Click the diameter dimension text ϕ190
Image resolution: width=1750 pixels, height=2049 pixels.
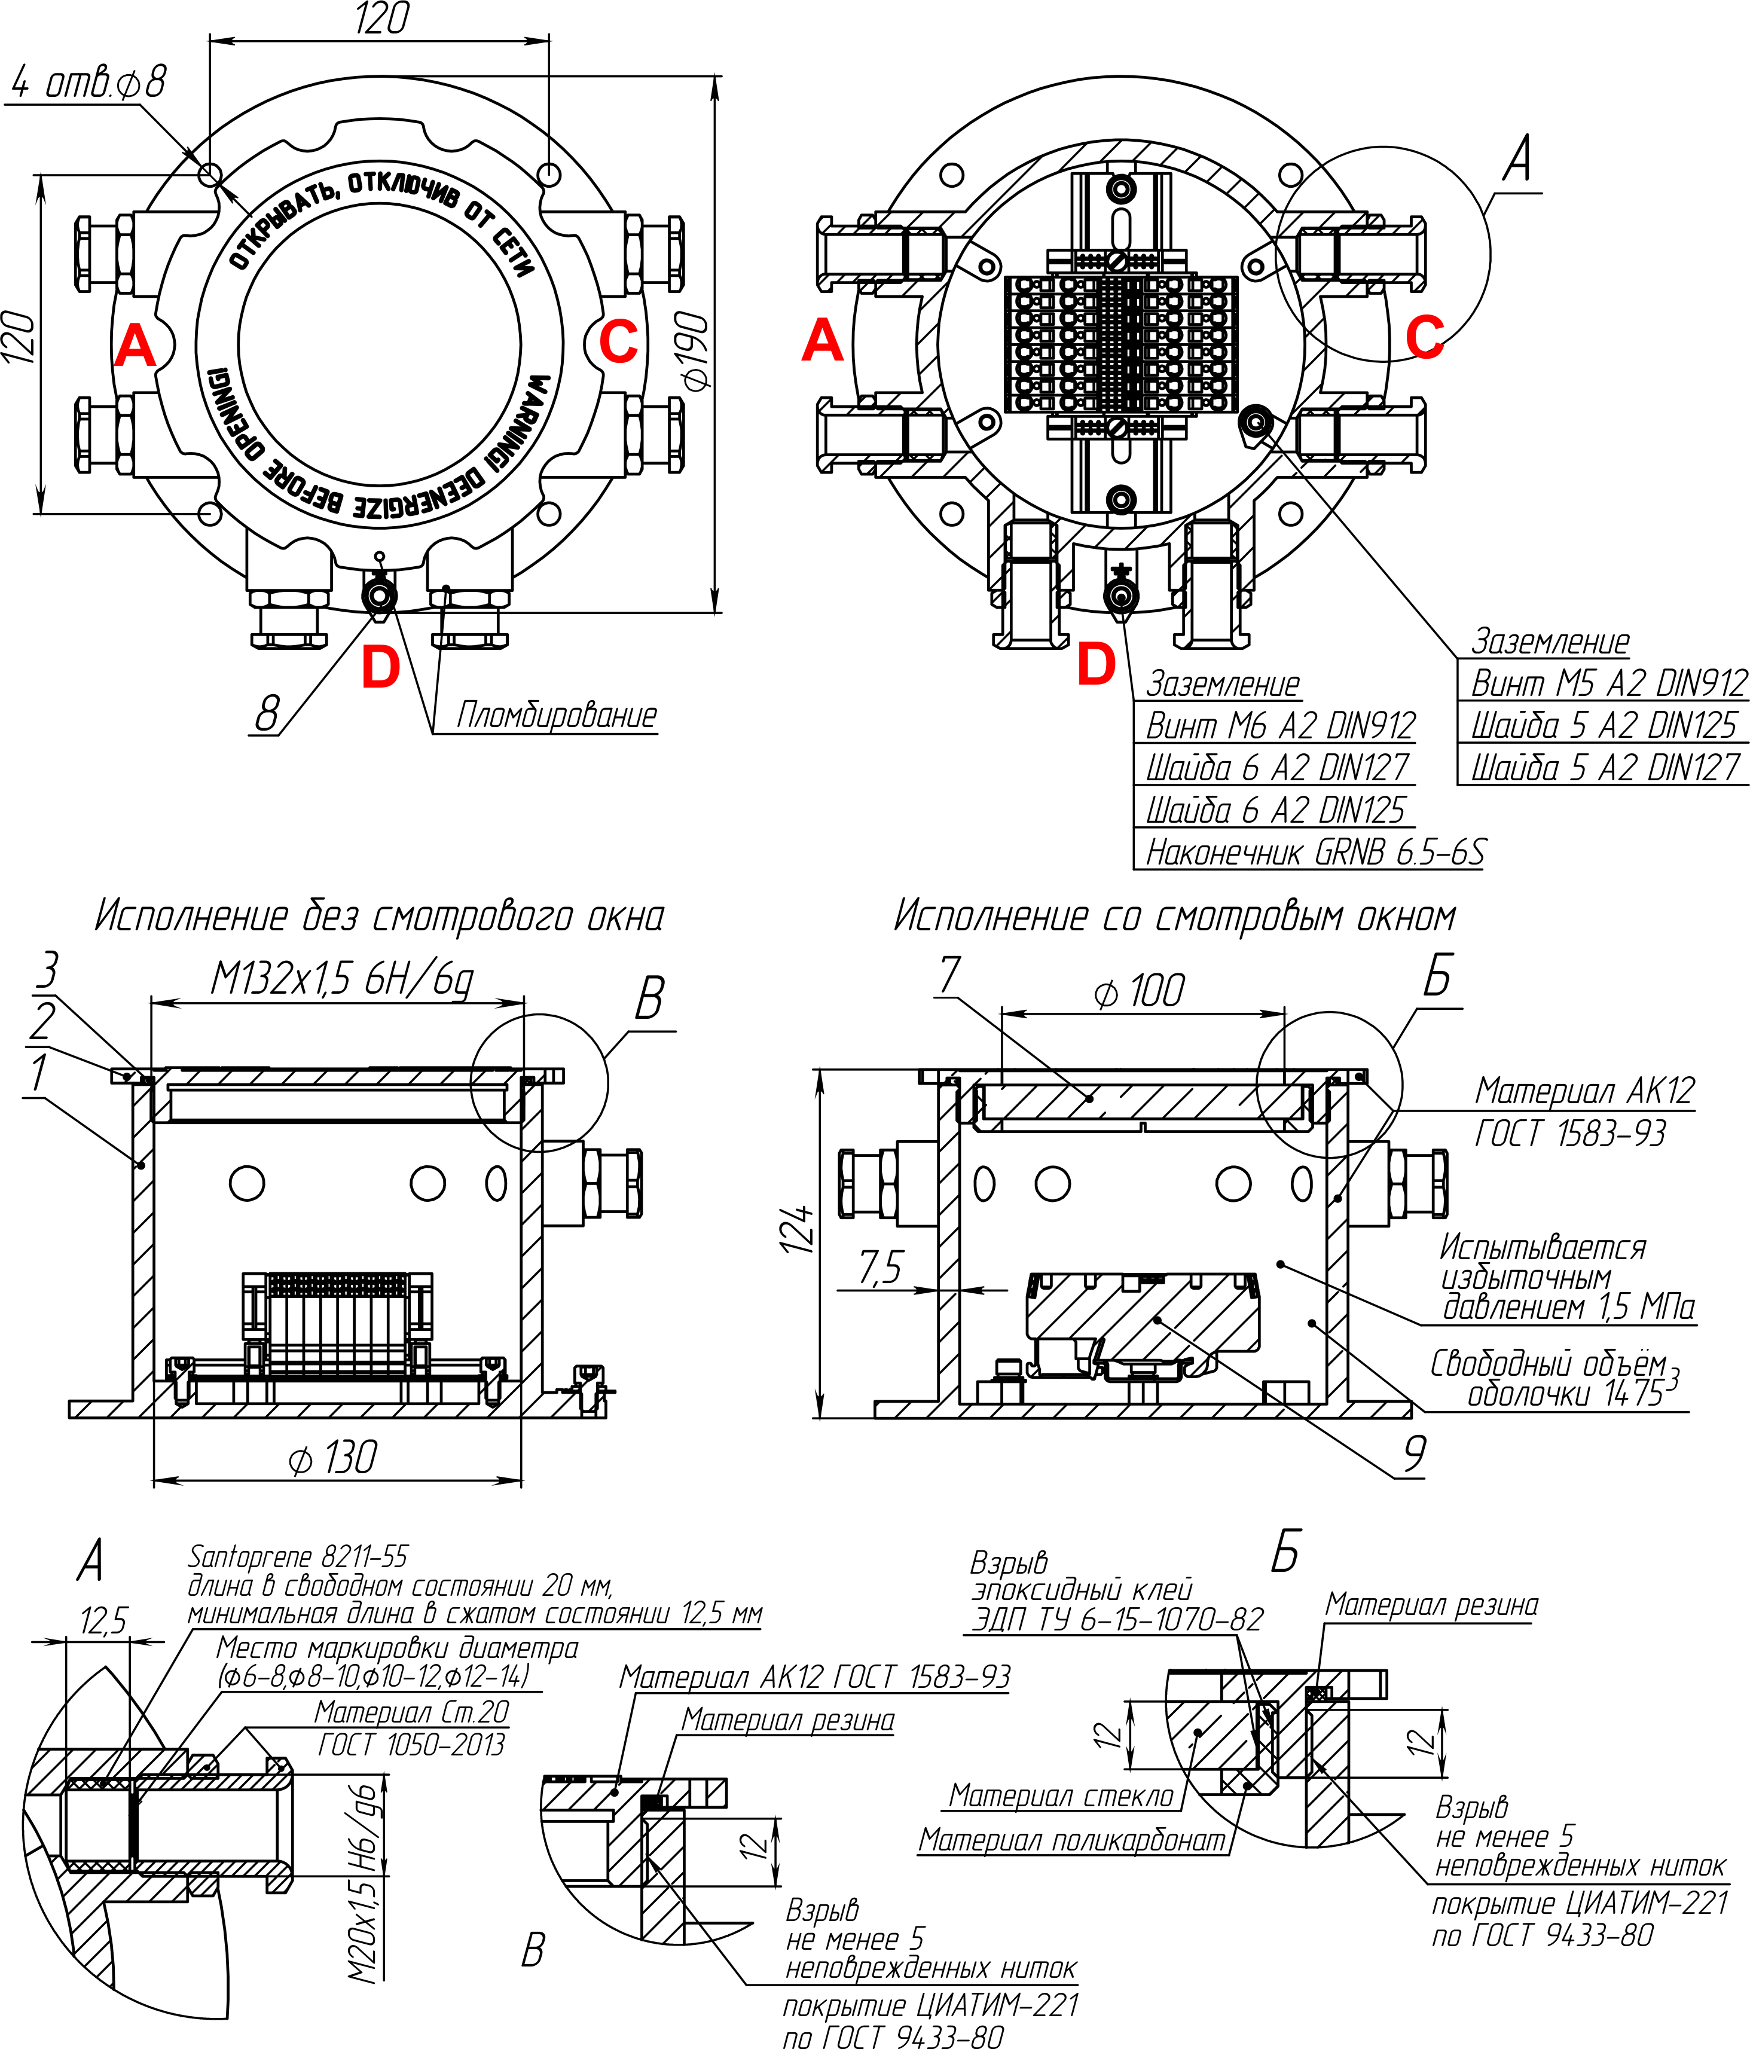(x=695, y=351)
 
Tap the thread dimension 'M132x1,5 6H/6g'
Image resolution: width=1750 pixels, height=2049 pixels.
(x=342, y=979)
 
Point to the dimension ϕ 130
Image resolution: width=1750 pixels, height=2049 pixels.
(x=332, y=1458)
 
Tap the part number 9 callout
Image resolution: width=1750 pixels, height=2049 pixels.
(x=1415, y=1453)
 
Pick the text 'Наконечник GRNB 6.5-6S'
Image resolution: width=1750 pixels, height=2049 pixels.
(x=1314, y=851)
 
